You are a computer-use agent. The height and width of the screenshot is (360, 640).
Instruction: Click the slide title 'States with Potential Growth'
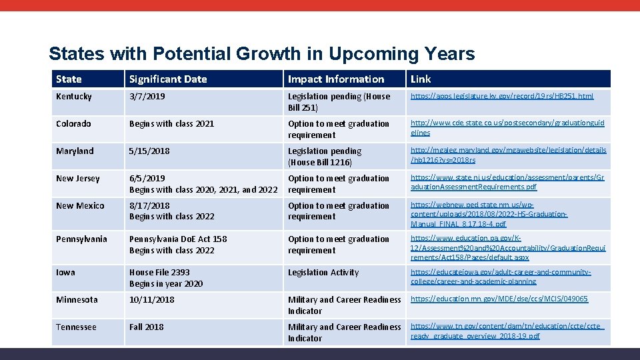[x=261, y=54]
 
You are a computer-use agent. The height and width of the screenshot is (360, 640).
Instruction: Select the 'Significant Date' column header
[x=168, y=79]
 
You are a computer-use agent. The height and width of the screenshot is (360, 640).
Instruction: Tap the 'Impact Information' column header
[x=336, y=79]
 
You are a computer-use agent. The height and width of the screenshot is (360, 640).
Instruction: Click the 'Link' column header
[x=421, y=79]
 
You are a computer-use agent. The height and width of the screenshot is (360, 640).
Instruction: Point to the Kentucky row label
[x=74, y=97]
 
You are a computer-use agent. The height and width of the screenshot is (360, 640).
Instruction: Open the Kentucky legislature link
[x=501, y=97]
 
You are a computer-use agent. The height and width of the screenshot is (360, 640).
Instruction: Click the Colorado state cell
[x=73, y=124]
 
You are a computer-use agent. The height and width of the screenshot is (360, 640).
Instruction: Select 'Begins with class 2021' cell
[x=172, y=124]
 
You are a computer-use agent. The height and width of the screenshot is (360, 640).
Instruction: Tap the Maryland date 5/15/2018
[x=151, y=151]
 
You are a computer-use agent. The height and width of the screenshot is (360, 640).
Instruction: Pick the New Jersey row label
[x=78, y=179]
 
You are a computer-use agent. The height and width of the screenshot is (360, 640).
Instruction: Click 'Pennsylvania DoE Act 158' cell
[x=178, y=239]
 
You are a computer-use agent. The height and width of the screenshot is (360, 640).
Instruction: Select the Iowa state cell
[x=66, y=273]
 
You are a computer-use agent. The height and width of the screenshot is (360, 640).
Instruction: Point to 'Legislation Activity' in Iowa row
[x=323, y=273]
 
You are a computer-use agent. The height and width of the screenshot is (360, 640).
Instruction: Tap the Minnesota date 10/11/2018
[x=152, y=300]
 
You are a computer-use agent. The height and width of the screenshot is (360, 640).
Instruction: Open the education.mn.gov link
[x=499, y=299]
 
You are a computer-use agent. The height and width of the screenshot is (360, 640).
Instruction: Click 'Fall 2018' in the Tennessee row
[x=146, y=327]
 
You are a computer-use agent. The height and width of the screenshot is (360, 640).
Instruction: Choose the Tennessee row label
[x=76, y=327]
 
